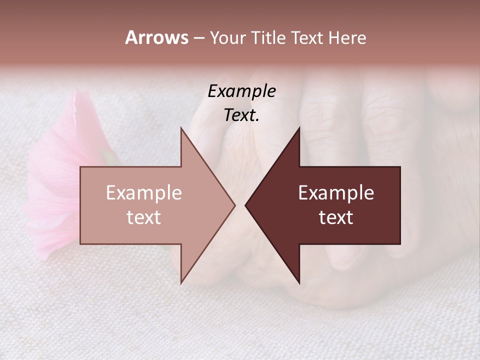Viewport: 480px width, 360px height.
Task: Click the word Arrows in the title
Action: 156,37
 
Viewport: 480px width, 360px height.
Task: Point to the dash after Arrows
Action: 198,38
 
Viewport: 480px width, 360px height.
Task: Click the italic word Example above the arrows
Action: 242,91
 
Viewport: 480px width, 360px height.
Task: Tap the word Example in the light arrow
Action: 144,193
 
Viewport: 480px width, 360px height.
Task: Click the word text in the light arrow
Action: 144,217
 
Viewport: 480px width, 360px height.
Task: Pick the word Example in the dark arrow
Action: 336,193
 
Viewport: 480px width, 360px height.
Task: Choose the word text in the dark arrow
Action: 336,217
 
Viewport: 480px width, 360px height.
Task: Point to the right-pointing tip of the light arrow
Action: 234,205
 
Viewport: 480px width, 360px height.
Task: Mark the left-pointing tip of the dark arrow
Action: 245,205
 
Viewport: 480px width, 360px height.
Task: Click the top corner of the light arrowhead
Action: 181,127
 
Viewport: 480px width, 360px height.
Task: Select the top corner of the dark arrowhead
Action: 299,127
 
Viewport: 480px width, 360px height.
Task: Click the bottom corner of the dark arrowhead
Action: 299,283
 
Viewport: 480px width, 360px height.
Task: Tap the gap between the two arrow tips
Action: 240,205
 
